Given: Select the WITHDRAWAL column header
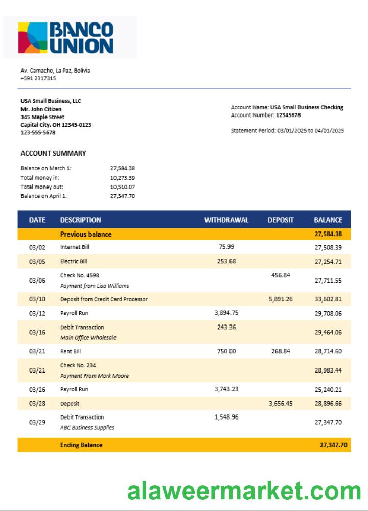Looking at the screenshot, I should click(226, 220).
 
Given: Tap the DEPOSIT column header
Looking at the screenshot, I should click(281, 220).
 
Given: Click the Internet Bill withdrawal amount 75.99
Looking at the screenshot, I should click(226, 246).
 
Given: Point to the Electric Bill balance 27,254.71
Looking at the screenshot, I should click(328, 262).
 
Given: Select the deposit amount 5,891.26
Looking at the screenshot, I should click(281, 299).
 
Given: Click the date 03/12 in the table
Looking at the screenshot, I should click(37, 313).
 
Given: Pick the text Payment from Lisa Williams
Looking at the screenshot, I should click(95, 286).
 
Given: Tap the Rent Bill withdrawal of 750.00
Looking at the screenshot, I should click(226, 351).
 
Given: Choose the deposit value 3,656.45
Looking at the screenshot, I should click(281, 403).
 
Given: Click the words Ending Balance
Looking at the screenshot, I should click(81, 445).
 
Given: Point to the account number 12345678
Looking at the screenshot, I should click(288, 115).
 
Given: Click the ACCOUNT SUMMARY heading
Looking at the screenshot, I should click(53, 153).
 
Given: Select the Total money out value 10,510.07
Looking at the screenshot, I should click(123, 187).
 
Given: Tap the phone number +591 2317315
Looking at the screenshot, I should click(38, 79).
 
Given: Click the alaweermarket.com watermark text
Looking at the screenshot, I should click(244, 491).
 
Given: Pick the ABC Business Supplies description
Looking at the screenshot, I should click(87, 428).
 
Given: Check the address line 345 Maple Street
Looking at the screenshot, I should click(42, 117).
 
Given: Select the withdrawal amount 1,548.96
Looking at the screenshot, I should click(226, 417).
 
